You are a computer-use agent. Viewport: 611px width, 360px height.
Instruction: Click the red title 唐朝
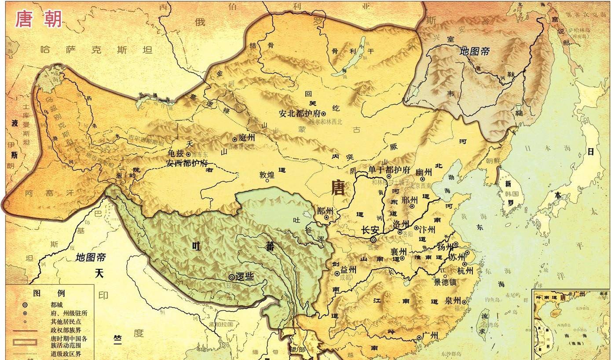pyautogui.click(x=39, y=19)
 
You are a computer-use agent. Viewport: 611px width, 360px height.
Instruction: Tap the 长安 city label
pyautogui.click(x=370, y=230)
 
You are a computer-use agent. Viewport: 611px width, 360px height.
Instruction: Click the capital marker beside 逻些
pyautogui.click(x=231, y=277)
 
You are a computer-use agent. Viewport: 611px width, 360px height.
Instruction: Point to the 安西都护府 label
pyautogui.click(x=187, y=163)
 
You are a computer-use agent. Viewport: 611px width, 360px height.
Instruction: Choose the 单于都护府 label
pyautogui.click(x=389, y=170)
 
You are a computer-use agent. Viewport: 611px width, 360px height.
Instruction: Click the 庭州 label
pyautogui.click(x=246, y=138)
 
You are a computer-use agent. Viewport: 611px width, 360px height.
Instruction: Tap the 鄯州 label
pyautogui.click(x=325, y=210)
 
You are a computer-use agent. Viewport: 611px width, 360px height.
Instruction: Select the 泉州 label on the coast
pyautogui.click(x=452, y=300)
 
